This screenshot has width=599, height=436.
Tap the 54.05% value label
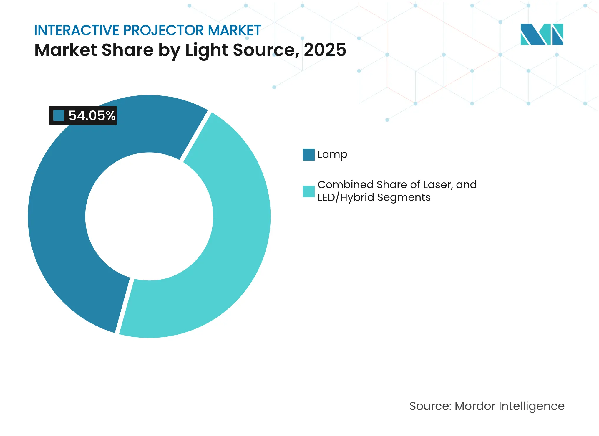tap(92, 115)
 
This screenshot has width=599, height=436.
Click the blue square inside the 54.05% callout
tap(59, 115)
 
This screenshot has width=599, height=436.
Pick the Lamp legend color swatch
tap(308, 154)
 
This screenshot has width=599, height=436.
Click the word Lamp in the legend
tap(332, 154)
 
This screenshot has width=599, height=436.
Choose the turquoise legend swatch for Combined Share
tap(308, 191)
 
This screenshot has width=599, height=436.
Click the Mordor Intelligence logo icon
tap(542, 34)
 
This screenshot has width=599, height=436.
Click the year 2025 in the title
tap(325, 50)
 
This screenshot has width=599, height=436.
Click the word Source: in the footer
tap(430, 406)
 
